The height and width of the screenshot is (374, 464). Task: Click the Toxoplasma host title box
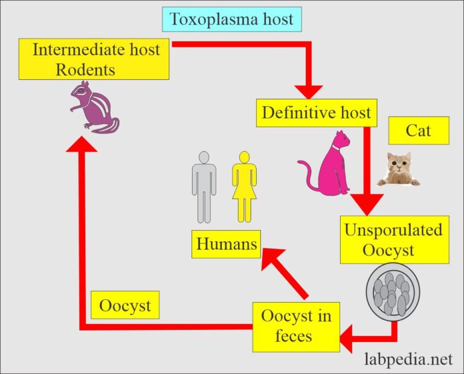click(232, 19)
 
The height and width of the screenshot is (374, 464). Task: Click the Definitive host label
click(317, 112)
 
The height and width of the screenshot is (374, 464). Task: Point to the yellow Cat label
click(419, 131)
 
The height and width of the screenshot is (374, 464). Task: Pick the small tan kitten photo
click(398, 169)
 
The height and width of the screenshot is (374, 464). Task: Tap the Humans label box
click(227, 244)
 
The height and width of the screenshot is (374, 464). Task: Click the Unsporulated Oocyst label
click(394, 239)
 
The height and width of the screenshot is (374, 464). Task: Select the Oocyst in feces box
click(296, 326)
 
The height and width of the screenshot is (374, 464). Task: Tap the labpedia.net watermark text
click(408, 359)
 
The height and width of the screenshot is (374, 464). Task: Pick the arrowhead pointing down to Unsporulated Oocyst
click(367, 203)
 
